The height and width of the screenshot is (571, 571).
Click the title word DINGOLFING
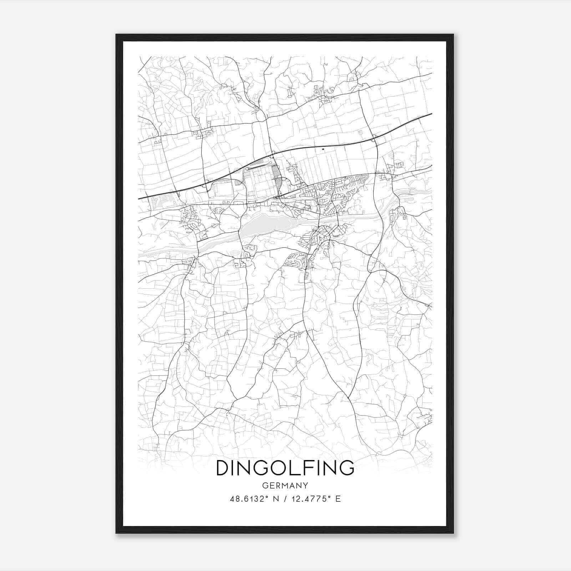point(285,468)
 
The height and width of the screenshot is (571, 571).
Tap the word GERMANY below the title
point(285,486)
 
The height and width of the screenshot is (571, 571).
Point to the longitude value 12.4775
point(309,499)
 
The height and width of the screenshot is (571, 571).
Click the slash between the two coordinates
point(283,499)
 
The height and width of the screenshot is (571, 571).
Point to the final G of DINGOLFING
point(347,468)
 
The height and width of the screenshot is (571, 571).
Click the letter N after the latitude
point(274,499)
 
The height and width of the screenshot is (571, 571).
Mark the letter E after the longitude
point(338,499)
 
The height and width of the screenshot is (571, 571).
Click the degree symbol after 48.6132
point(266,496)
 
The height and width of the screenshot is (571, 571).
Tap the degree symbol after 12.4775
point(330,496)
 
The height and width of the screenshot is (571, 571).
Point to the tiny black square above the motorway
point(323,149)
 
